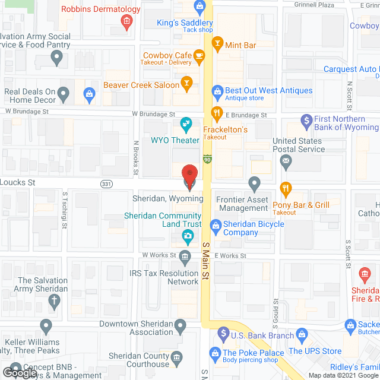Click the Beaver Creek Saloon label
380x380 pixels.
pyautogui.click(x=141, y=85)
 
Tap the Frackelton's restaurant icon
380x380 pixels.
pyautogui.click(x=217, y=113)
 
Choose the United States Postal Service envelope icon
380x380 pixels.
pyautogui.click(x=286, y=160)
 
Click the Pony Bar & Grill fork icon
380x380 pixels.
pyautogui.click(x=286, y=189)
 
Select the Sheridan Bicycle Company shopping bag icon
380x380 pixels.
pyautogui.click(x=216, y=224)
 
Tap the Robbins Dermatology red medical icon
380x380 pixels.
pyautogui.click(x=126, y=23)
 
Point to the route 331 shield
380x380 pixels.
pyautogui.click(x=106, y=184)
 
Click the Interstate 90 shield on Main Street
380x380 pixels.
pyautogui.click(x=207, y=159)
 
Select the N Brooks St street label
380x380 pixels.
pyautogui.click(x=136, y=157)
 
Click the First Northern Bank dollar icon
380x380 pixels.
pyautogui.click(x=306, y=121)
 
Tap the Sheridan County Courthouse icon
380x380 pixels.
pyautogui.click(x=176, y=357)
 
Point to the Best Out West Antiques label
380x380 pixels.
pyautogui.click(x=268, y=91)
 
